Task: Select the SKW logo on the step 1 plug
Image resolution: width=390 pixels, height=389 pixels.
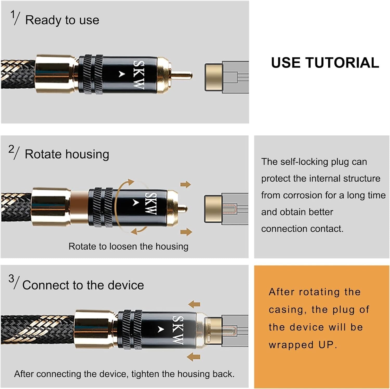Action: pyautogui.click(x=139, y=75)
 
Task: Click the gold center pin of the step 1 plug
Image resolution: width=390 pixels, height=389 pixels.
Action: pyautogui.click(x=182, y=76)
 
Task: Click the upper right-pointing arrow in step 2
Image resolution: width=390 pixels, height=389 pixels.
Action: pyautogui.click(x=186, y=185)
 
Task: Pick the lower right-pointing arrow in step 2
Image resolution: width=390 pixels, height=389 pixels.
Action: pyautogui.click(x=186, y=232)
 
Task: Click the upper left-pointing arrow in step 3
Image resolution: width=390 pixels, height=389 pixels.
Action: pyautogui.click(x=194, y=304)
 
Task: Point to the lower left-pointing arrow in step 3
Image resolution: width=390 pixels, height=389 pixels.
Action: pyautogui.click(x=193, y=357)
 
